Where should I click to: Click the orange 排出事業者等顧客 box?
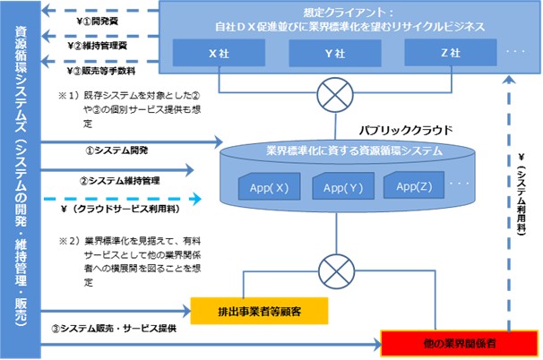pos(260,311)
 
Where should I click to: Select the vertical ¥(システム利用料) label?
pos(523,193)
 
